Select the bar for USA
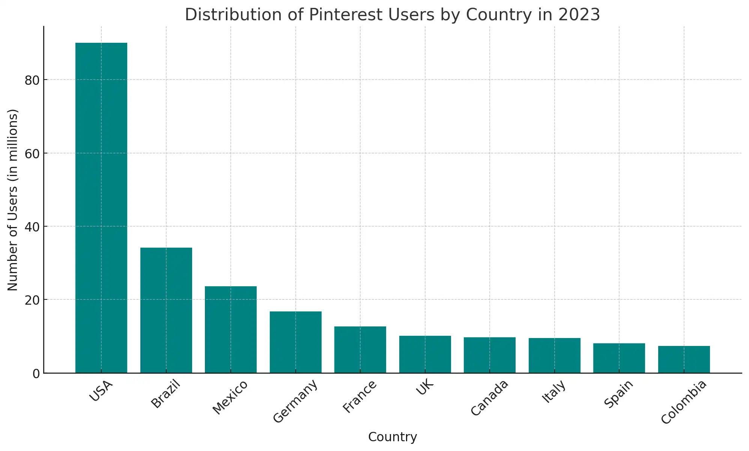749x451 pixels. [x=101, y=208]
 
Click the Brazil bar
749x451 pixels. [x=166, y=310]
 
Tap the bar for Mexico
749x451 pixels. [x=231, y=330]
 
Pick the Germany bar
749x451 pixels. [x=296, y=342]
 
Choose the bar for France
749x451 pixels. [x=360, y=350]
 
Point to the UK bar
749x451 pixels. [x=425, y=355]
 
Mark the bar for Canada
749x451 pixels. [x=490, y=355]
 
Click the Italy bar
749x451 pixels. [x=555, y=356]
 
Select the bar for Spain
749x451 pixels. [x=619, y=358]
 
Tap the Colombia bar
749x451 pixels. [x=684, y=359]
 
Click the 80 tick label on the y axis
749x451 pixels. [x=32, y=80]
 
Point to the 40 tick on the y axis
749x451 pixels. [x=32, y=227]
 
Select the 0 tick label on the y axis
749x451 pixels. [x=36, y=374]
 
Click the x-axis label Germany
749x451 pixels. [x=296, y=401]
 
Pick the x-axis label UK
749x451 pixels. [x=425, y=388]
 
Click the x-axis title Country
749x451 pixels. [x=393, y=437]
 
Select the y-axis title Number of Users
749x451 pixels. [x=13, y=200]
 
